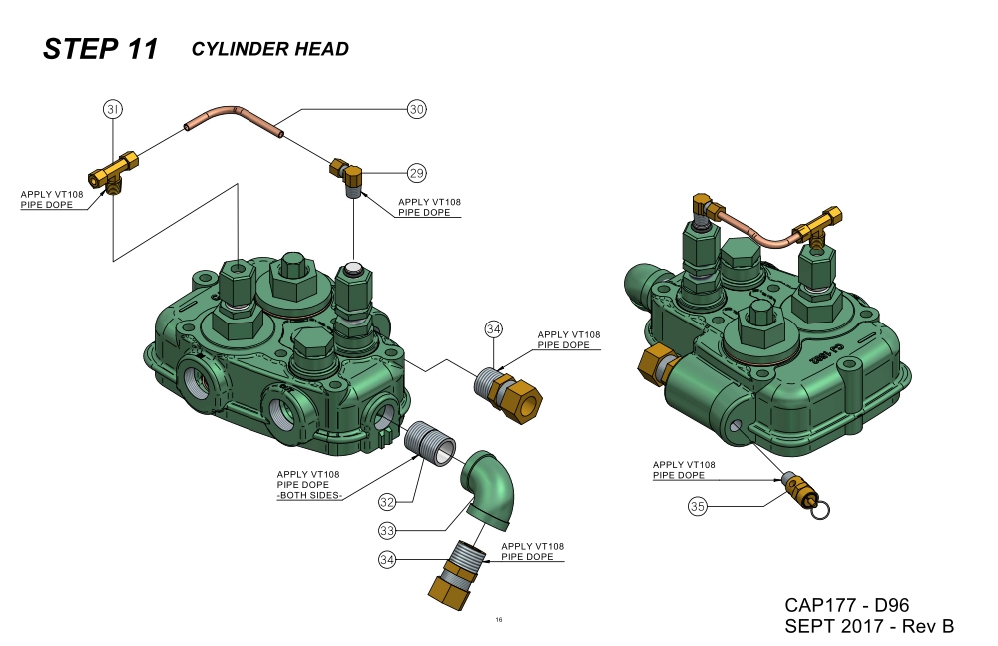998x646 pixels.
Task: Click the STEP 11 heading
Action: point(100,49)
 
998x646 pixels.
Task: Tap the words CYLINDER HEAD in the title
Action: point(269,49)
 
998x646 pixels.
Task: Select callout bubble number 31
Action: point(113,109)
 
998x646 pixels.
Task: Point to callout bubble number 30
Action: point(416,109)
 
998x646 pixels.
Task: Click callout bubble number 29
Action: point(416,173)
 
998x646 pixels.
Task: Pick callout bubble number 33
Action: point(388,529)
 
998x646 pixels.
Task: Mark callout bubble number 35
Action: point(698,507)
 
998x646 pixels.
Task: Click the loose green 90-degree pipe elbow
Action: point(489,485)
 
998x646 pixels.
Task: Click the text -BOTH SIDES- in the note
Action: point(308,495)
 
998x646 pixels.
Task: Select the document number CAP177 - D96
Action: point(846,605)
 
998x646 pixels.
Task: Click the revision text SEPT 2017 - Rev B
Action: point(869,627)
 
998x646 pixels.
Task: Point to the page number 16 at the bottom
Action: point(499,620)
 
